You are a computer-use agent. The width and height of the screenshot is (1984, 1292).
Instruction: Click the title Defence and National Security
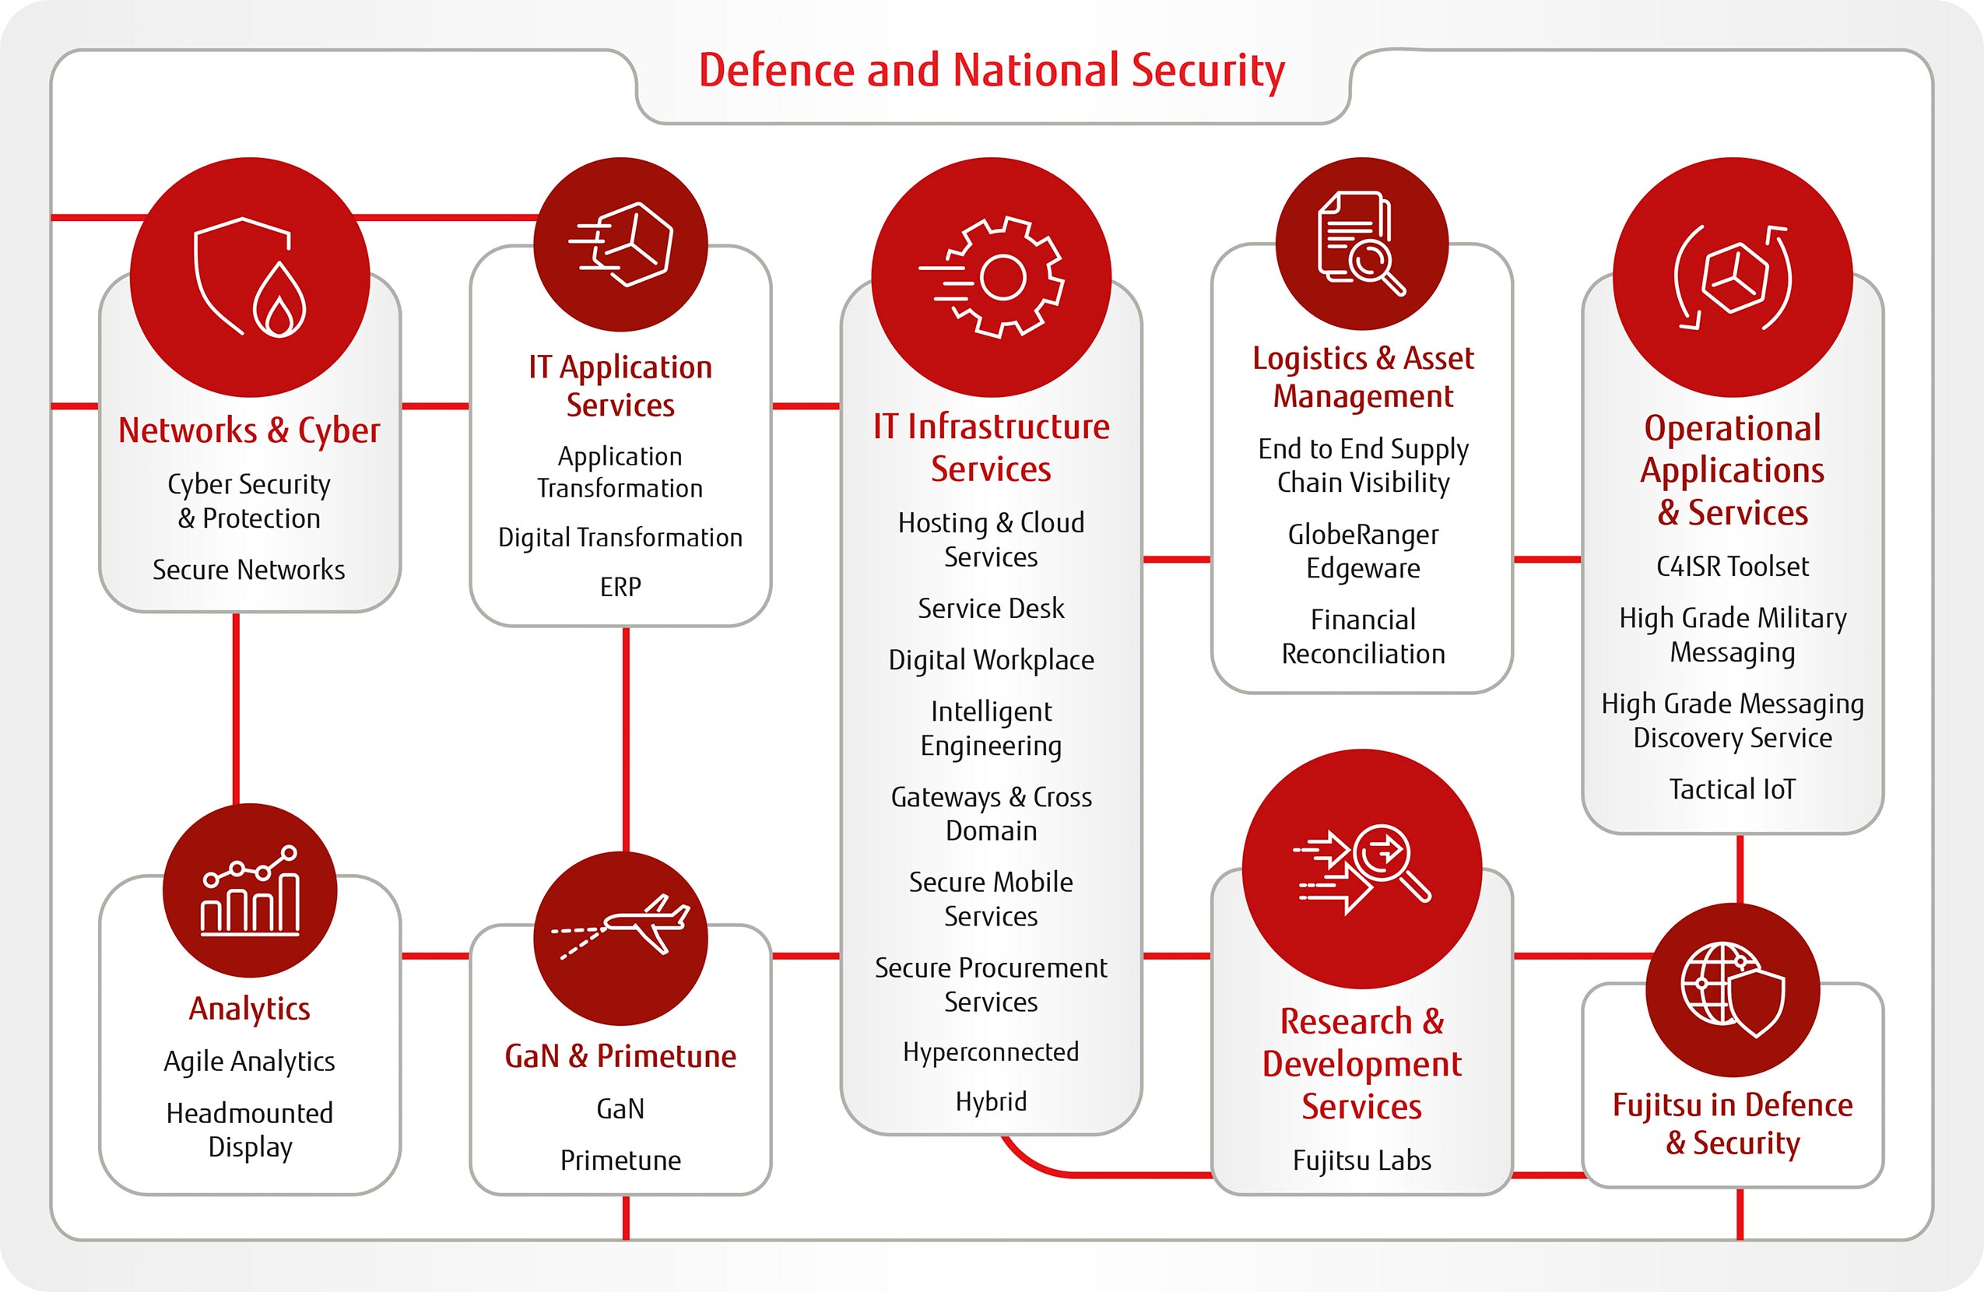pyautogui.click(x=991, y=71)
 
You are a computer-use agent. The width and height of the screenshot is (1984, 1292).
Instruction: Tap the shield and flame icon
pyautogui.click(x=249, y=277)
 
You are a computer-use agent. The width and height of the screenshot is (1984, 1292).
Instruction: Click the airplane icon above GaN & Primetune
pyautogui.click(x=621, y=925)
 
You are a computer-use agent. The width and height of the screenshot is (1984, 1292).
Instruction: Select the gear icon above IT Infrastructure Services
pyautogui.click(x=991, y=277)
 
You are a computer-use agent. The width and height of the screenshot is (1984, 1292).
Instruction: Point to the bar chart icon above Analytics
pyautogui.click(x=250, y=890)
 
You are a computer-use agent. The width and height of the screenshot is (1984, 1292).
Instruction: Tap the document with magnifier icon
pyautogui.click(x=1361, y=243)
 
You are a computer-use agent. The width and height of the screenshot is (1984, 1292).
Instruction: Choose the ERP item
pyautogui.click(x=621, y=587)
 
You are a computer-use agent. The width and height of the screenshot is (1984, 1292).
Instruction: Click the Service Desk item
pyautogui.click(x=991, y=609)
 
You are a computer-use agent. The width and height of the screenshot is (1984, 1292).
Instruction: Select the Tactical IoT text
pyautogui.click(x=1733, y=788)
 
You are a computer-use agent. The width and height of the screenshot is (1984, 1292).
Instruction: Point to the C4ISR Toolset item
pyautogui.click(x=1733, y=567)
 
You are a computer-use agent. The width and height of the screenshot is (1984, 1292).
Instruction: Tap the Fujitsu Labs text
pyautogui.click(x=1362, y=1160)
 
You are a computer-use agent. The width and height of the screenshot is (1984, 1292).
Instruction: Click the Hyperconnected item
pyautogui.click(x=991, y=1052)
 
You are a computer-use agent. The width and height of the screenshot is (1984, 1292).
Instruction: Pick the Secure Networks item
pyautogui.click(x=248, y=569)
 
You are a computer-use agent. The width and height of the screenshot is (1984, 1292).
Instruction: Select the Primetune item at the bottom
pyautogui.click(x=621, y=1160)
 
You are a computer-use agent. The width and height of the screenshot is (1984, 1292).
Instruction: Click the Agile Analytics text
pyautogui.click(x=249, y=1062)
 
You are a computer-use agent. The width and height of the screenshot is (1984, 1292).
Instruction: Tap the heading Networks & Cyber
pyautogui.click(x=249, y=431)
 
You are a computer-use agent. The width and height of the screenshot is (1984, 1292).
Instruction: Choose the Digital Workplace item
pyautogui.click(x=991, y=660)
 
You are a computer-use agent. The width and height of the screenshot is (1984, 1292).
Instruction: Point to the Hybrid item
pyautogui.click(x=991, y=1102)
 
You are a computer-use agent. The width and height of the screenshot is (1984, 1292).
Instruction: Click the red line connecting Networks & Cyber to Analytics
pyautogui.click(x=236, y=709)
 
